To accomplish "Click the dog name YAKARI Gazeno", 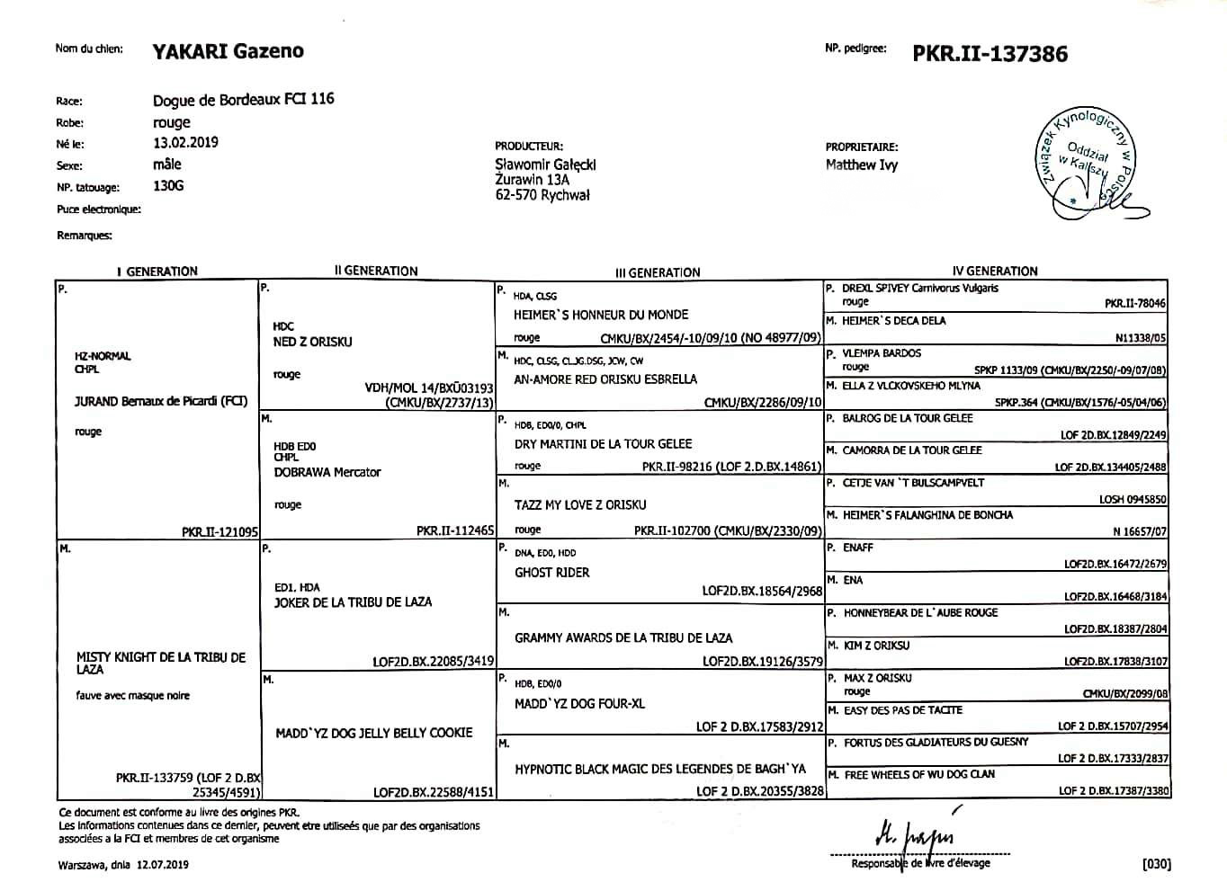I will [x=228, y=51].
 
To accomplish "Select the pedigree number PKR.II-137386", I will [x=990, y=54].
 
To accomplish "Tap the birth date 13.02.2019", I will [x=185, y=142].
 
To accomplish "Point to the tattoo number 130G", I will [x=168, y=186].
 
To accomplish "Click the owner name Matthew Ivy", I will [x=861, y=165].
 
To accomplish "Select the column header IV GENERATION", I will [x=995, y=271].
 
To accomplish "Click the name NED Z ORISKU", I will [x=312, y=342].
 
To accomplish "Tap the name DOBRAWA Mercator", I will [x=327, y=472].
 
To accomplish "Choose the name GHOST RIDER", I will [x=551, y=573].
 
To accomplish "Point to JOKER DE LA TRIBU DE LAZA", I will [x=353, y=602].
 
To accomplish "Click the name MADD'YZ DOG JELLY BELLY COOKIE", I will [x=373, y=733].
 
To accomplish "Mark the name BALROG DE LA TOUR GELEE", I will [x=907, y=418].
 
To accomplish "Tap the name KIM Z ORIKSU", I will [x=876, y=646].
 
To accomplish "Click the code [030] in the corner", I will [x=1156, y=865].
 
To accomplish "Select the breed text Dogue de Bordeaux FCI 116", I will [x=243, y=99].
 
